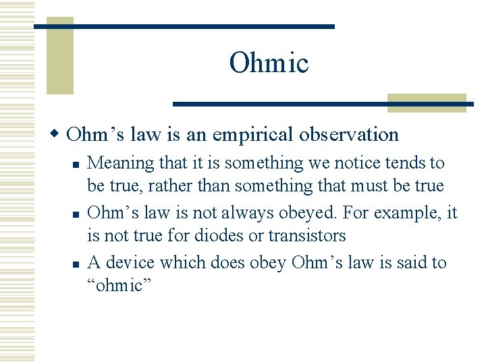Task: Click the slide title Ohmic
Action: [269, 63]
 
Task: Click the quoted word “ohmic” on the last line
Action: [115, 285]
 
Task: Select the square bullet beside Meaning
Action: [77, 164]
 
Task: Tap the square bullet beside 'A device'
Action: [77, 264]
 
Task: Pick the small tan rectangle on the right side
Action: [426, 102]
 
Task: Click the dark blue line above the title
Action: [184, 26]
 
